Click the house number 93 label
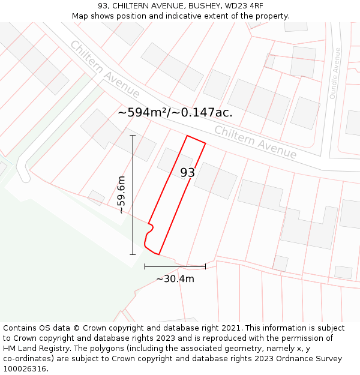click(x=187, y=173)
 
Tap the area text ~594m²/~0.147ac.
click(x=175, y=112)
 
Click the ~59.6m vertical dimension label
click(x=121, y=194)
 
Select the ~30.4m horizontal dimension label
click(x=175, y=278)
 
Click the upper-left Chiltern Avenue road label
click(x=104, y=69)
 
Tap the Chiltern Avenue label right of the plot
click(x=255, y=142)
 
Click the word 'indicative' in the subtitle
click(x=184, y=16)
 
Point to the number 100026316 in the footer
click(x=24, y=368)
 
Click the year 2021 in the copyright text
click(x=231, y=328)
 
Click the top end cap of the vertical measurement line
click(x=133, y=136)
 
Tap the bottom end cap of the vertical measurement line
click(x=133, y=254)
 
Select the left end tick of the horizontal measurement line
click(x=145, y=266)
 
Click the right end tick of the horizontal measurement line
click(x=206, y=266)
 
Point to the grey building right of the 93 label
click(x=215, y=180)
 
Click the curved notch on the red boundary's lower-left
click(x=150, y=228)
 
